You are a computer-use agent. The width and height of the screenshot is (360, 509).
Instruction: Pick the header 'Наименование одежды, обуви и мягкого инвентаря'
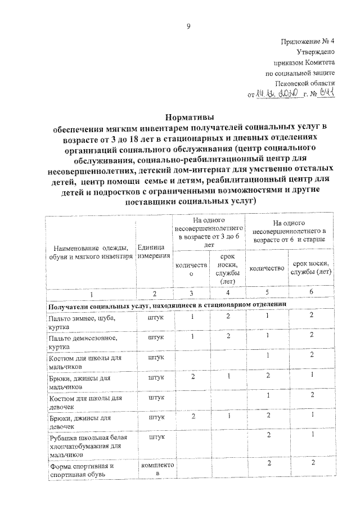(90, 251)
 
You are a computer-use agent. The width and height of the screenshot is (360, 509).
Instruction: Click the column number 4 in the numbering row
(227, 294)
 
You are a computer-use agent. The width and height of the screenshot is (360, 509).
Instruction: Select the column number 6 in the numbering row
(311, 294)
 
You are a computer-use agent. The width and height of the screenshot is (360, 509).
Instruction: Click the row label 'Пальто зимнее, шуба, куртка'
(82, 322)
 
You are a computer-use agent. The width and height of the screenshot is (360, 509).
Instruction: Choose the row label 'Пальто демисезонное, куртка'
(82, 342)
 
